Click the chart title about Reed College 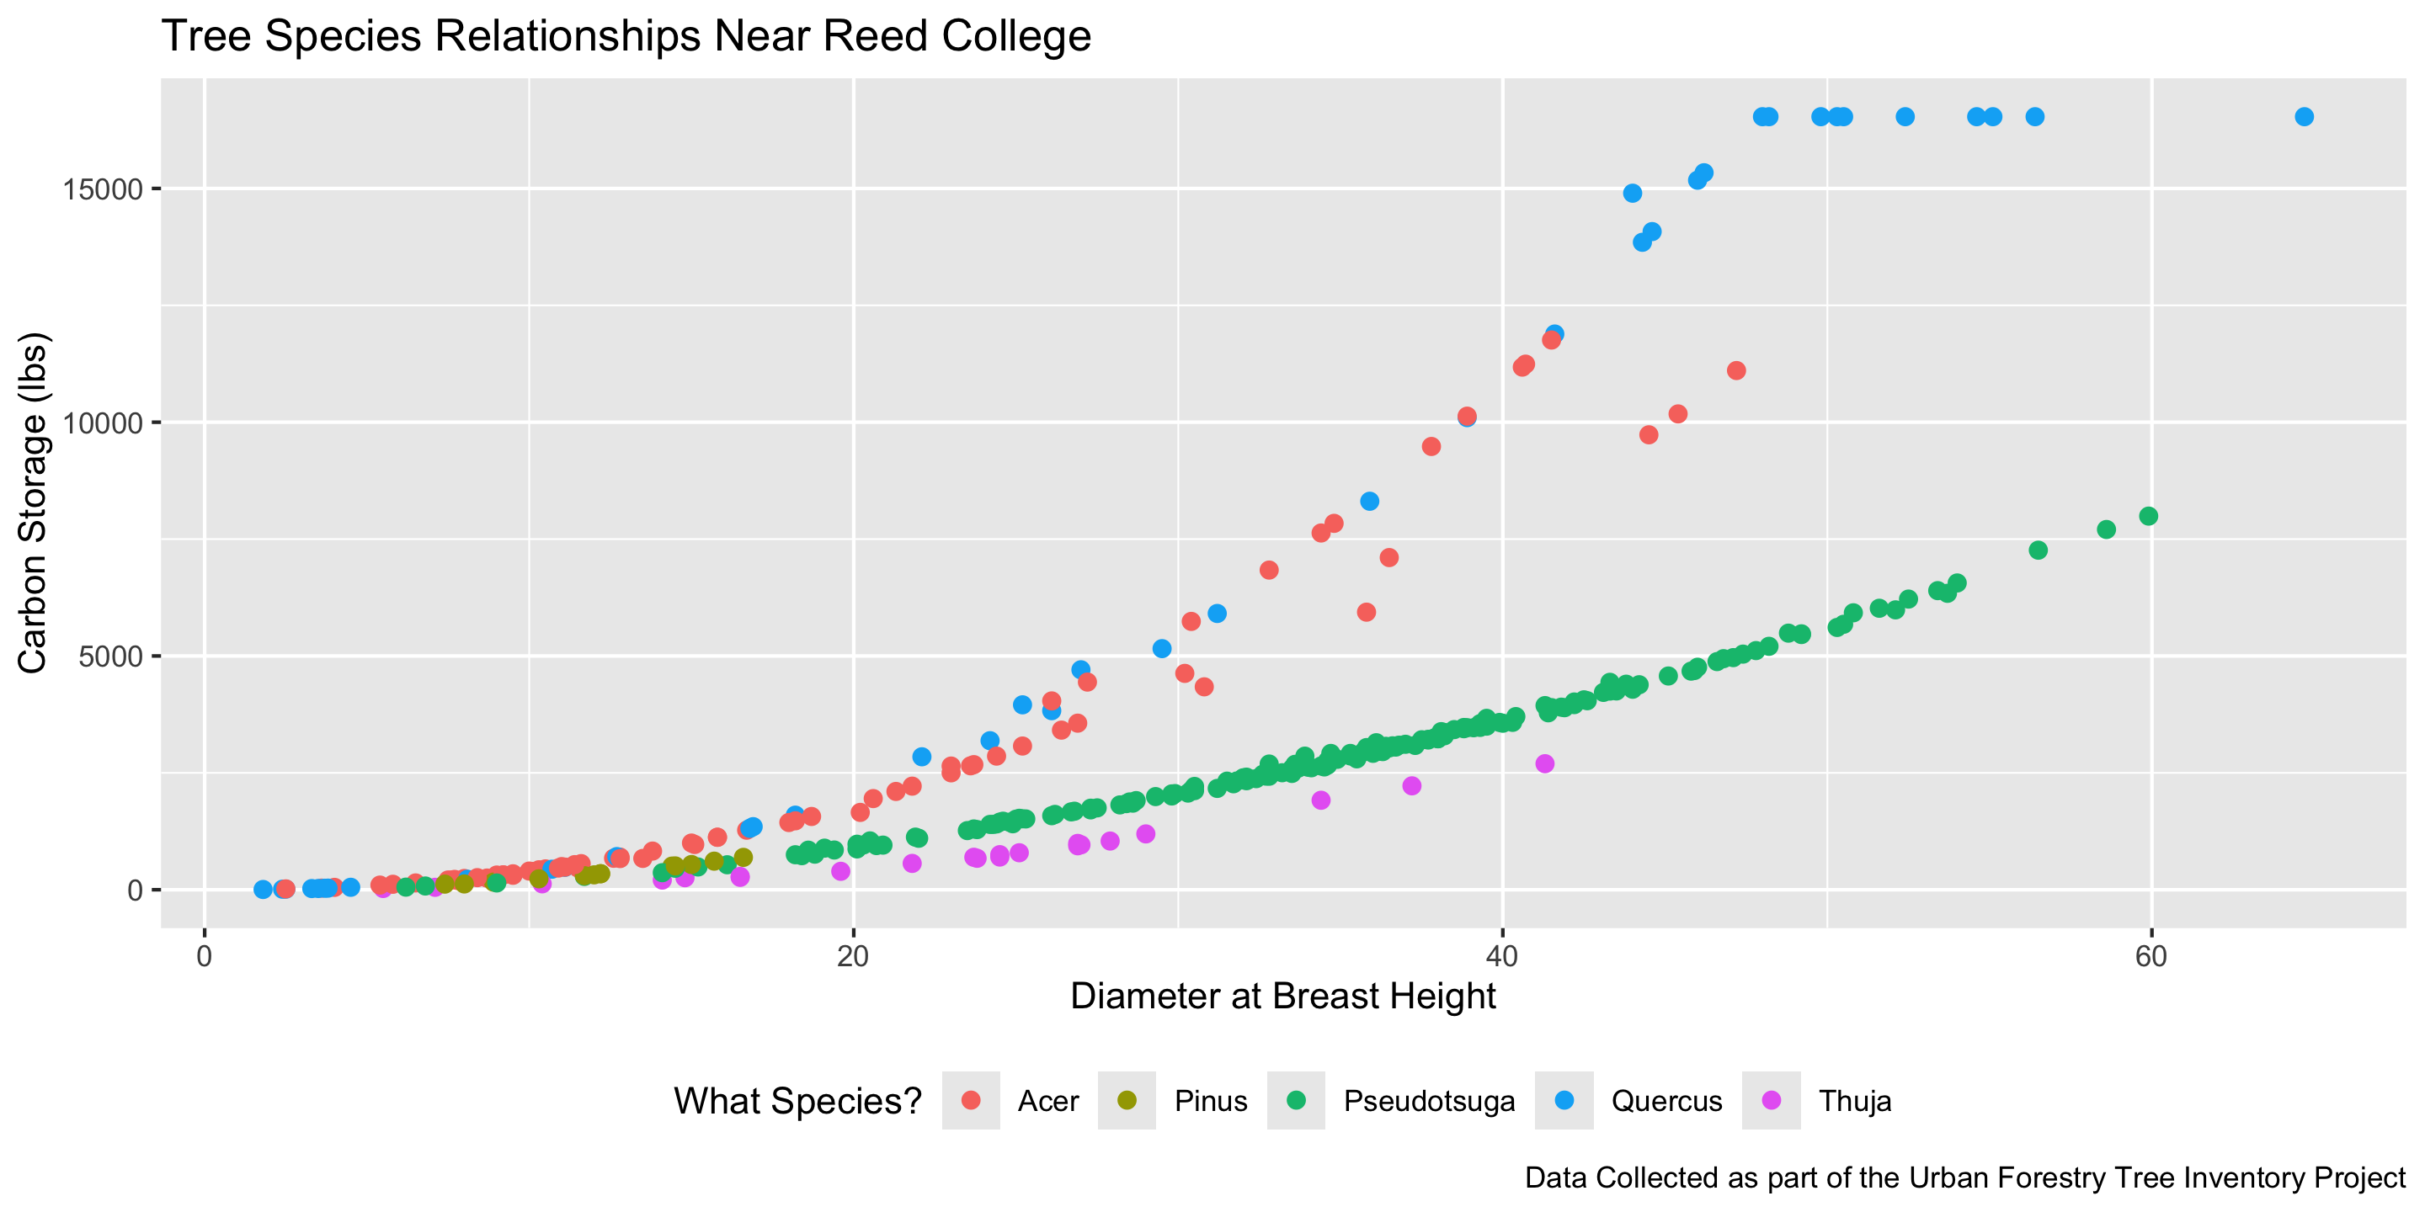(626, 38)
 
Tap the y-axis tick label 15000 (103, 189)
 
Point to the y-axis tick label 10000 (103, 423)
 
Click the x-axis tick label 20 (853, 957)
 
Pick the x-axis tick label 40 (1502, 957)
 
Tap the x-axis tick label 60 (2151, 957)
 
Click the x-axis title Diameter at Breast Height (1283, 997)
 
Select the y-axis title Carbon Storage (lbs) (32, 502)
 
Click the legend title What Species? (797, 1101)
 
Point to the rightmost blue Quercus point (2304, 117)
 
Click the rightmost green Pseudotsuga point (2148, 516)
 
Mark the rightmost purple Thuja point (1545, 763)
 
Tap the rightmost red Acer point (1737, 370)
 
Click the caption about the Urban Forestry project (1964, 1178)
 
